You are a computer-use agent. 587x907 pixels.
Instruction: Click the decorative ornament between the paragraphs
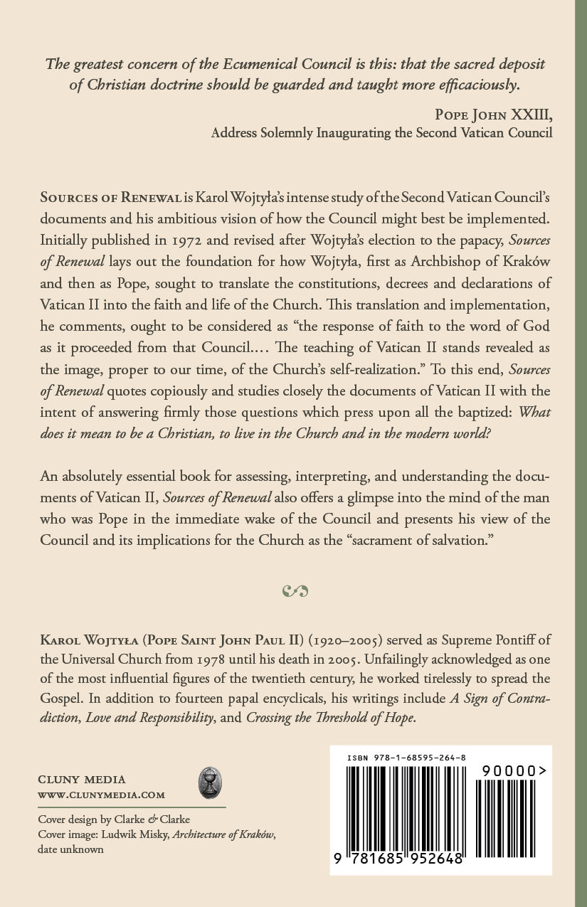click(294, 590)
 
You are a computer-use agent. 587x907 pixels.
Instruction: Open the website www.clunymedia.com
click(101, 795)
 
